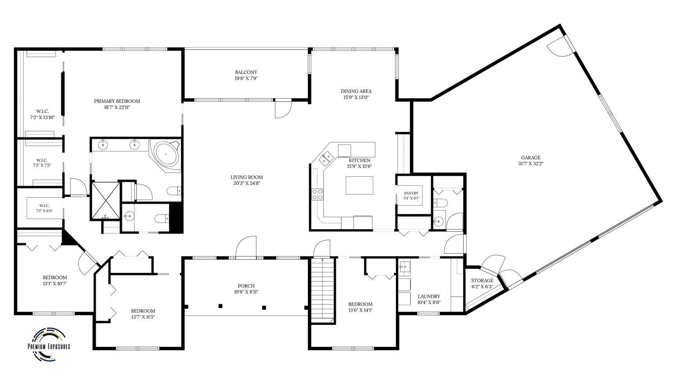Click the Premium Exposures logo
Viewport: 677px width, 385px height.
[49, 345]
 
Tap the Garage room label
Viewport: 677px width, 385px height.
[531, 158]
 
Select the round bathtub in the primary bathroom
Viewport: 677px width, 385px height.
[166, 154]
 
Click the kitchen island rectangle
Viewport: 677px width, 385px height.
[359, 185]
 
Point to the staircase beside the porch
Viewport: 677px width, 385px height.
[323, 291]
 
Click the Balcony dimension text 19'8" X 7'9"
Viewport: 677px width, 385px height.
[246, 78]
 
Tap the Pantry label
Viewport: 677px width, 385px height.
[411, 193]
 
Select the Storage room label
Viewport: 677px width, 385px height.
[482, 280]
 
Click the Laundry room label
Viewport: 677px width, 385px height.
[429, 297]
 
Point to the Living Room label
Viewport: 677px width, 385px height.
[246, 177]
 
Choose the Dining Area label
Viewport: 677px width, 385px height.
[357, 91]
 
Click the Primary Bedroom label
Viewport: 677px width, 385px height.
[117, 101]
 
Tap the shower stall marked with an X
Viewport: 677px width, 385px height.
[106, 200]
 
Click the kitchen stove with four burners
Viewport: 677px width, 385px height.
[317, 194]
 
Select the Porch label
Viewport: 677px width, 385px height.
[246, 286]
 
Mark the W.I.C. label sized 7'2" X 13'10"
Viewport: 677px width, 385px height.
[42, 115]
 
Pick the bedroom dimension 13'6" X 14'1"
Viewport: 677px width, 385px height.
[360, 310]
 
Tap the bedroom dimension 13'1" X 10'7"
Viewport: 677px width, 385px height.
[55, 284]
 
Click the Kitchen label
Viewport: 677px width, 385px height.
[359, 160]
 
